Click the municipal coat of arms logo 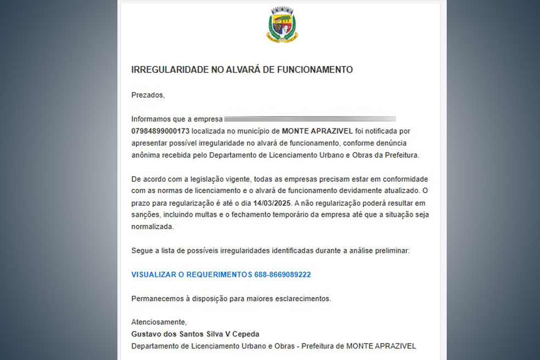click(x=282, y=25)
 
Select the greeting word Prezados click(x=148, y=95)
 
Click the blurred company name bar click(x=310, y=119)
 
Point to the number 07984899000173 click(x=160, y=131)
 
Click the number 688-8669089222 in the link click(x=282, y=274)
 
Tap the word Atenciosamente click(x=159, y=322)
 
